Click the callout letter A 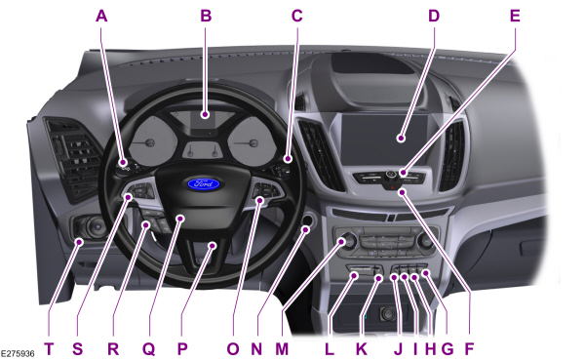(99, 16)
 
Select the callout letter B (205, 16)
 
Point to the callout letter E (514, 16)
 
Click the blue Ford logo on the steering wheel (203, 182)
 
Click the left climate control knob (344, 242)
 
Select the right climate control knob (425, 240)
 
